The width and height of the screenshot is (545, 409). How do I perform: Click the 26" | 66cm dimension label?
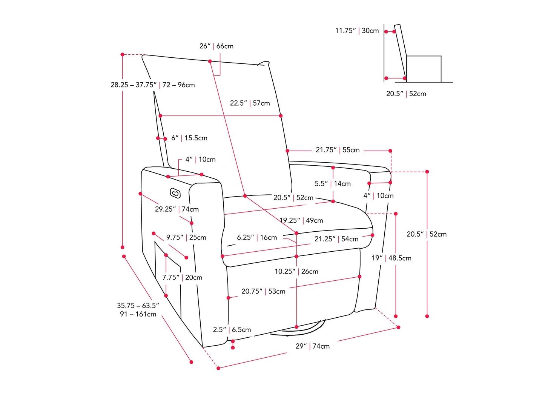216,46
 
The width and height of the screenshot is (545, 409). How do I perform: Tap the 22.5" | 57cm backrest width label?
250,103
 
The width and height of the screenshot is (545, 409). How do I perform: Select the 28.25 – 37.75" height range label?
153,85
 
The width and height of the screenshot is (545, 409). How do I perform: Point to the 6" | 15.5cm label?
189,138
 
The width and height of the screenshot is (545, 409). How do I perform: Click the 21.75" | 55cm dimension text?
338,150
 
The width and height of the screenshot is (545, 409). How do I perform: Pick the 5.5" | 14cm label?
333,184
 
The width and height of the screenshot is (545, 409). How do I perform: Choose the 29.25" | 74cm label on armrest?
177,209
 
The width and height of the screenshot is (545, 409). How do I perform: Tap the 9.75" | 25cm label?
186,237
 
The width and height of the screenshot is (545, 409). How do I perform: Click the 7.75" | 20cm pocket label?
182,277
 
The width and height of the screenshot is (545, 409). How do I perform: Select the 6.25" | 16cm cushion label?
257,237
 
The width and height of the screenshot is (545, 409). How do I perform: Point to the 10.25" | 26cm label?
296,271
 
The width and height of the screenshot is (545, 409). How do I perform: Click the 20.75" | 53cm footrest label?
263,291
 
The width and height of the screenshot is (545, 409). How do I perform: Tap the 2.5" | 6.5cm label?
232,329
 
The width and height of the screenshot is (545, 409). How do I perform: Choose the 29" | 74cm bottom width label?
313,346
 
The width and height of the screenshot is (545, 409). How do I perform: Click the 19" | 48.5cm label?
391,258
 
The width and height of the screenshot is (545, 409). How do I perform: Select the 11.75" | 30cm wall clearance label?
357,31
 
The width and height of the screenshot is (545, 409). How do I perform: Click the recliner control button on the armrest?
175,193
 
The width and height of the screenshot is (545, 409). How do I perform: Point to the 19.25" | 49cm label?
301,220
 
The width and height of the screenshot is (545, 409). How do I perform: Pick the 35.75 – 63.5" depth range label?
138,310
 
